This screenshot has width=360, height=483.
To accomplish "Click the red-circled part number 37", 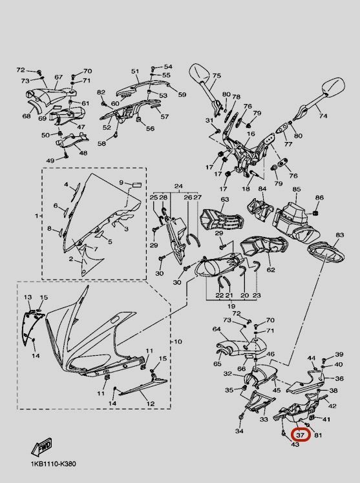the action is point(300,435).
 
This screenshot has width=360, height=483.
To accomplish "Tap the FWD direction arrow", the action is point(41,447).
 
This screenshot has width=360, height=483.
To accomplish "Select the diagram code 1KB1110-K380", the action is point(53,464).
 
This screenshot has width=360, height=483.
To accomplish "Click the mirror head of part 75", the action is point(200,74).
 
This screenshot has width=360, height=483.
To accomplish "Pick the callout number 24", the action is point(178,187).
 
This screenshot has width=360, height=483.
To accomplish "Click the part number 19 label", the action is point(231,306).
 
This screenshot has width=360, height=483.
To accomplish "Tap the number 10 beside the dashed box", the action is point(178,342).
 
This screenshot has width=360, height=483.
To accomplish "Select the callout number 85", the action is point(296,189).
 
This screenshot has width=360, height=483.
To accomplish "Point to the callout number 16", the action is point(251,134).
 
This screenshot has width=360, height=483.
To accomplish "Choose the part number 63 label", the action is point(225,200).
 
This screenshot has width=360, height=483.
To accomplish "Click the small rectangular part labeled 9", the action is point(136,185).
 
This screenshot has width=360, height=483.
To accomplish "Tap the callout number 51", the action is point(135,72).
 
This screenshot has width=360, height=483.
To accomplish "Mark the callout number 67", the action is point(59,77).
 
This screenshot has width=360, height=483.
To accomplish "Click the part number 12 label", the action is point(151,404).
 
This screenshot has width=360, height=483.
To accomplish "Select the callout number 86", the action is point(320,197).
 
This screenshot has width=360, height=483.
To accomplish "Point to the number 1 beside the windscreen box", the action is point(37,216).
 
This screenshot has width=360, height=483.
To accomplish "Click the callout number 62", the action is point(271,269).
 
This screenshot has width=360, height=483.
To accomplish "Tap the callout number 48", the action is point(83,153).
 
